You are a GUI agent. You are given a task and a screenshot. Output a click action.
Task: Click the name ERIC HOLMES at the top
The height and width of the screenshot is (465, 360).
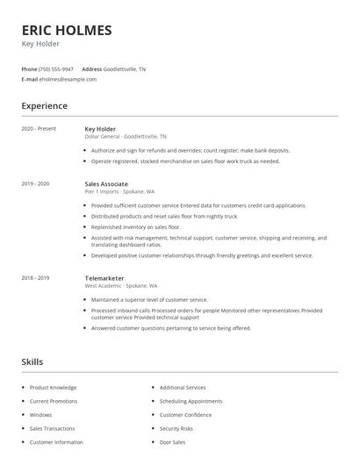pos(67,31)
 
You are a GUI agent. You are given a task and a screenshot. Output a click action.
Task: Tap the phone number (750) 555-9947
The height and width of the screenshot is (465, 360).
pos(57,68)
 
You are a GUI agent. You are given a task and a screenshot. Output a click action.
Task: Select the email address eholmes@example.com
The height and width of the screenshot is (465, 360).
pos(68,79)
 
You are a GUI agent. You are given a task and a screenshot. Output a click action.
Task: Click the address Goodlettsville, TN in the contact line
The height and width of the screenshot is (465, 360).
pos(125,68)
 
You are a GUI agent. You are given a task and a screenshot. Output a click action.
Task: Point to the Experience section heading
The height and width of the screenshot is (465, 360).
pos(45,106)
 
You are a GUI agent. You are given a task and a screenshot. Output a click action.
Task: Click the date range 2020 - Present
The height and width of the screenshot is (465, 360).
pos(39,129)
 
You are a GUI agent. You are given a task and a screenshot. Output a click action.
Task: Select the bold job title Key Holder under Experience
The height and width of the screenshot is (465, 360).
pos(100,129)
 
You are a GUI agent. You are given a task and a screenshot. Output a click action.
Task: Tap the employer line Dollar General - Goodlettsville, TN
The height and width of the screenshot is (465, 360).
pos(126,137)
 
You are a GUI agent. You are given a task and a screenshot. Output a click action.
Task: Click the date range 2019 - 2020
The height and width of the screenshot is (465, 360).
pos(35,184)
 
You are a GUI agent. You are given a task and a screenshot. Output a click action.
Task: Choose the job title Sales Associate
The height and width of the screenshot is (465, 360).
pos(106,184)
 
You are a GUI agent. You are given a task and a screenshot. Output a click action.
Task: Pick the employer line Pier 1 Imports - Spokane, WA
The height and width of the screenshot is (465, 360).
pos(120,192)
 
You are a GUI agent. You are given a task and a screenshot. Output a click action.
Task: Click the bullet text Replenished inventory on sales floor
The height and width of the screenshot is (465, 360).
pos(136,226)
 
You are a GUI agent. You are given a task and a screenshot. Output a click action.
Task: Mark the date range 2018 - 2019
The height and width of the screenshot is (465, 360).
pos(35,278)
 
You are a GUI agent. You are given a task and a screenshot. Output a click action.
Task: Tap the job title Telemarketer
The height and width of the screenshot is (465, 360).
pos(104,278)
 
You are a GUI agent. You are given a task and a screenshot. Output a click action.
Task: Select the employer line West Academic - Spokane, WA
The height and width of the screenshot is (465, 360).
pos(121,286)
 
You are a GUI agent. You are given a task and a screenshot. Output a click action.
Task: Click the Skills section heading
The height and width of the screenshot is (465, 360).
pos(32,361)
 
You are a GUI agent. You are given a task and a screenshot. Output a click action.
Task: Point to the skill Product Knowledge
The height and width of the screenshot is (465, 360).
pos(54,387)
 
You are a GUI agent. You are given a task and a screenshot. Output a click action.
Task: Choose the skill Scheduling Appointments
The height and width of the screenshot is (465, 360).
pos(191,401)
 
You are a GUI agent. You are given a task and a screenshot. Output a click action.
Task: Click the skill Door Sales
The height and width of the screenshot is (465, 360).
pos(172,442)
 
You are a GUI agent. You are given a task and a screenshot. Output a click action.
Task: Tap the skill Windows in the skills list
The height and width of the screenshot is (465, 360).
pos(41,415)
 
